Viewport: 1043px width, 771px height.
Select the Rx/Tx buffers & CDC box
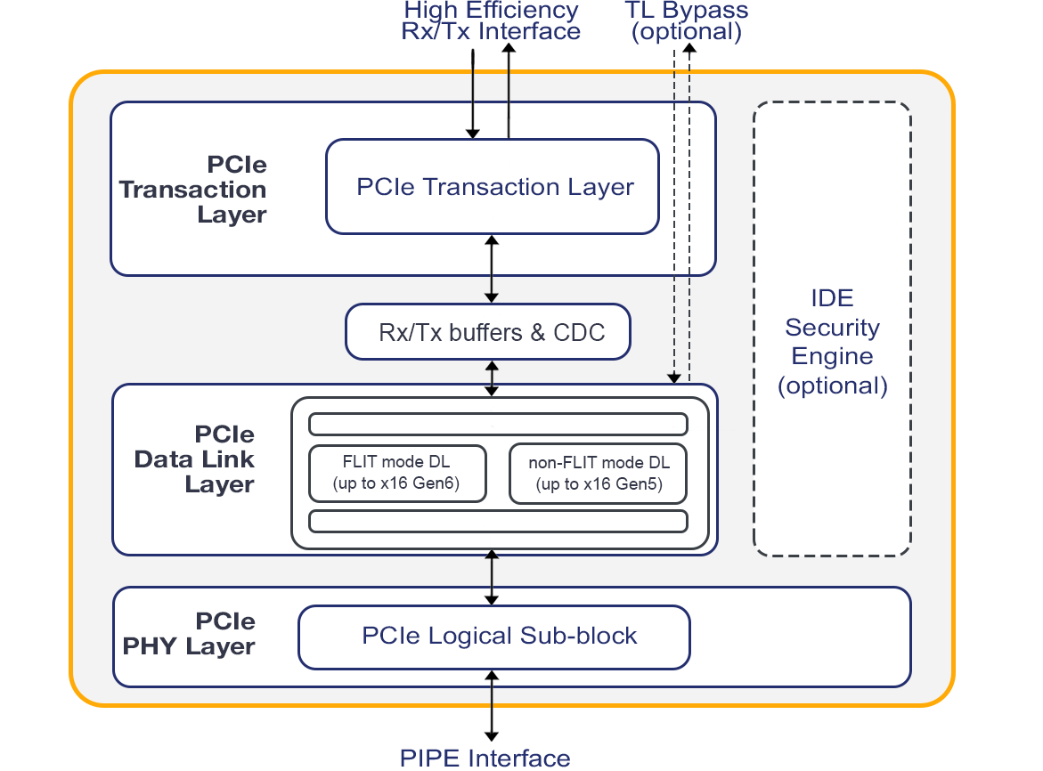click(488, 332)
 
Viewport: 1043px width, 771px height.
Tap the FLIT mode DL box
click(397, 474)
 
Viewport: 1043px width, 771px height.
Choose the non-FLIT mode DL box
click(599, 474)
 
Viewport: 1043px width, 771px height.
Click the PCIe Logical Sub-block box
click(494, 637)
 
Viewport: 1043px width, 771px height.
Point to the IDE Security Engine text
click(833, 342)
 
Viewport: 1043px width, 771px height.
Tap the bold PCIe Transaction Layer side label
click(193, 190)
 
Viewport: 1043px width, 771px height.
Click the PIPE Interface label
click(485, 759)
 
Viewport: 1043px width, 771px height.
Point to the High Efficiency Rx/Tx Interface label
click(491, 21)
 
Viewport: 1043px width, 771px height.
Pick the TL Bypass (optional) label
click(686, 21)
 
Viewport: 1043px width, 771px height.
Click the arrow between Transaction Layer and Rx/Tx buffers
click(491, 268)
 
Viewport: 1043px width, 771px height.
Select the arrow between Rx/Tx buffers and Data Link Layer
click(491, 377)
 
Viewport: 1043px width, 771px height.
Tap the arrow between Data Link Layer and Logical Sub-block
click(491, 578)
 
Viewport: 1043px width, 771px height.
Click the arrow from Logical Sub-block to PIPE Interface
click(491, 703)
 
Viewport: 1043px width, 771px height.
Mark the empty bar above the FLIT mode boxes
click(498, 424)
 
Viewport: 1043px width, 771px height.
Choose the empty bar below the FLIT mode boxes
click(498, 521)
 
